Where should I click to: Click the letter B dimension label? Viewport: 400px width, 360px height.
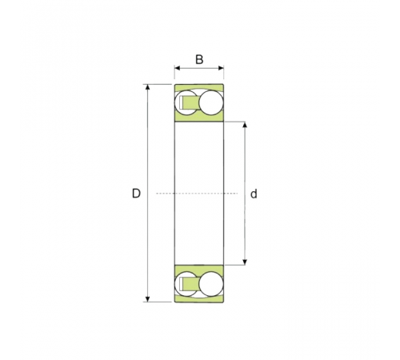[199, 59]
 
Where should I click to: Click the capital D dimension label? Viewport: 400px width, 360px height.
[136, 194]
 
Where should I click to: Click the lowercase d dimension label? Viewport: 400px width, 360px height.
[254, 194]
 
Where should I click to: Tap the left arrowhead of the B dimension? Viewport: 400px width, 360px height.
[178, 68]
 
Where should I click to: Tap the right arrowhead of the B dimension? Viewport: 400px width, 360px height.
[221, 68]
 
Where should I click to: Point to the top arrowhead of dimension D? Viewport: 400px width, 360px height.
[148, 87]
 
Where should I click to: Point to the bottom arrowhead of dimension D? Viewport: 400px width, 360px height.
[148, 299]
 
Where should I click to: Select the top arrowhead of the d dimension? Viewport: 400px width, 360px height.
[245, 125]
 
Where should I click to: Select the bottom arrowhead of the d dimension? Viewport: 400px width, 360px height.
[245, 262]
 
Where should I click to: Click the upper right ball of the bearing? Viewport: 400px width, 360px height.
[210, 103]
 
